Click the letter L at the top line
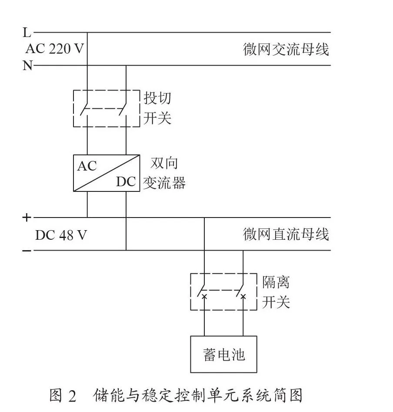[x=27, y=32]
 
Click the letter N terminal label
[x=27, y=65]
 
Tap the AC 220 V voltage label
[x=55, y=49]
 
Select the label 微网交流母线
[x=286, y=49]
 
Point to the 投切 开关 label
[x=157, y=108]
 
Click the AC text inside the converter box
[x=87, y=166]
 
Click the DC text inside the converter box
[x=126, y=181]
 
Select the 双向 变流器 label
[x=164, y=173]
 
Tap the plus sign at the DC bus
[x=27, y=218]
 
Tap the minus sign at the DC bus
[x=27, y=251]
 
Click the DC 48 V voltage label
[x=61, y=235]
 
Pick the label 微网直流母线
[x=286, y=234]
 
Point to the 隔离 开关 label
[x=276, y=291]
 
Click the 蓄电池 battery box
[x=223, y=354]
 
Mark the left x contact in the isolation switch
[x=204, y=297]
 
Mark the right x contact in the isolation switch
[x=243, y=297]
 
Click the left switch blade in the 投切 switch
[x=84, y=109]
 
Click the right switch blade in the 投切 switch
[x=123, y=109]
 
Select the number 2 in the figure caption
[x=72, y=396]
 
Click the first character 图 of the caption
[x=56, y=395]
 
